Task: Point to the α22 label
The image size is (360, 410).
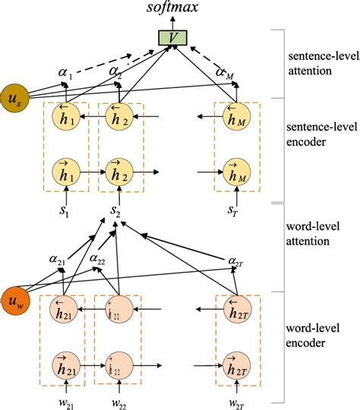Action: [97, 260]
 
